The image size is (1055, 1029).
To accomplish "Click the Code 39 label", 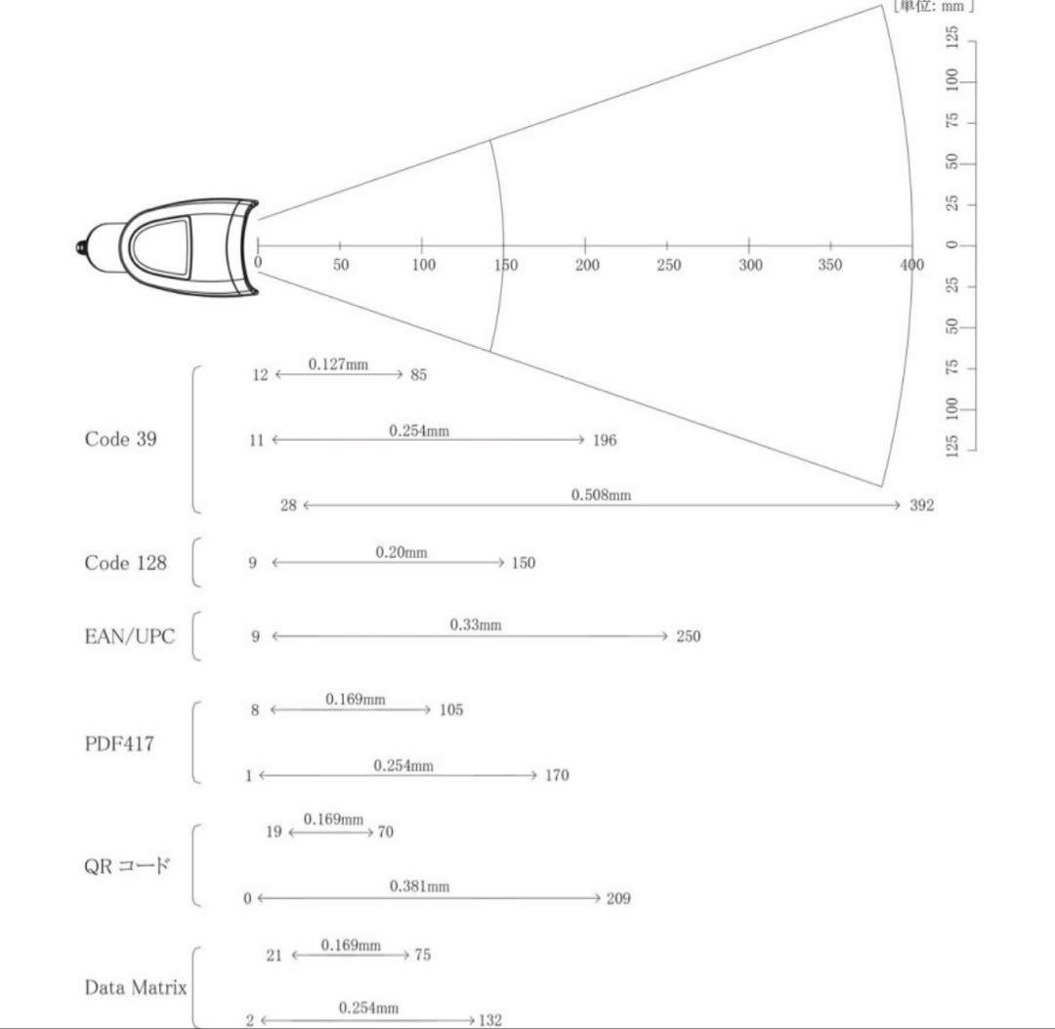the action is coord(120,439).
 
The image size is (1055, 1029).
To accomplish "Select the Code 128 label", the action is coord(125,563).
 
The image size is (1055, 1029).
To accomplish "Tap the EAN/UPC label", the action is coord(129,636).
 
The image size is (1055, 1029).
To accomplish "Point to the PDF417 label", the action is coord(119,744).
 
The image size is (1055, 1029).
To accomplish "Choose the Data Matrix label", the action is coord(135,987).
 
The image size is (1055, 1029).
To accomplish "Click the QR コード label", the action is coord(126,866).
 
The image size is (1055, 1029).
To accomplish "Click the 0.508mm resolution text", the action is coord(601,494).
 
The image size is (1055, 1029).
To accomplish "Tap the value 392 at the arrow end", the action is coord(922,505).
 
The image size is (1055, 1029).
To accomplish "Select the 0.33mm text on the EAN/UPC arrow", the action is coord(476,624).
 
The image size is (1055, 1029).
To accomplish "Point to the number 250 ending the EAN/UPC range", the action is coord(689,636).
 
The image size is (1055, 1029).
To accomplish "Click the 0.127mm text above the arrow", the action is coord(338,364).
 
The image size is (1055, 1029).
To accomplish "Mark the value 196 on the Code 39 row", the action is coord(605,440).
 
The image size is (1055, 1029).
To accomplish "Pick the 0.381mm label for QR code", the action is coord(419,886).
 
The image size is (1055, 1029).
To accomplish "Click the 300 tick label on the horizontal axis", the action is coord(750,265).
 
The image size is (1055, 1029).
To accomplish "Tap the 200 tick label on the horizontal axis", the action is coord(587,265).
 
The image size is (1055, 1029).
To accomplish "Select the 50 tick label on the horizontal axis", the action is coord(341,265).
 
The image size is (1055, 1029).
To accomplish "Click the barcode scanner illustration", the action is coord(167,247).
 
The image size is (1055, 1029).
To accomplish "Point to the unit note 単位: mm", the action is coord(933,6).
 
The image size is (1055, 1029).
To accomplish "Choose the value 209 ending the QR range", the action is coord(618,898).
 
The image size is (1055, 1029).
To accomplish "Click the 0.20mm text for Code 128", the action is coord(401,552).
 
